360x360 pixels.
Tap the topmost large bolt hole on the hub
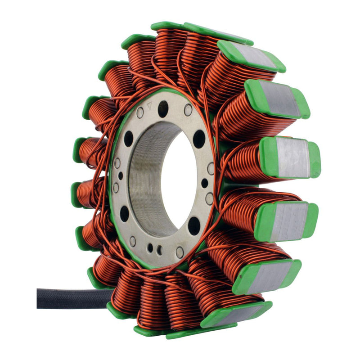click(163, 108)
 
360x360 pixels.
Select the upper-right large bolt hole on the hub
click(199, 139)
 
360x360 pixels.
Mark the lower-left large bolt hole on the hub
click(125, 213)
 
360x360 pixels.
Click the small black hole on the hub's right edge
click(205, 183)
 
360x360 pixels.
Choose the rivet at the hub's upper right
click(188, 110)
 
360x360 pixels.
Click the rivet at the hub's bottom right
click(180, 252)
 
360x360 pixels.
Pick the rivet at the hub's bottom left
click(133, 242)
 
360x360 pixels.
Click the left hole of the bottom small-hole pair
click(150, 247)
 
